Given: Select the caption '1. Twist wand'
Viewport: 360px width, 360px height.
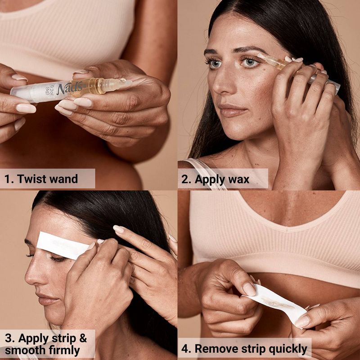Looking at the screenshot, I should tap(41, 179).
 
